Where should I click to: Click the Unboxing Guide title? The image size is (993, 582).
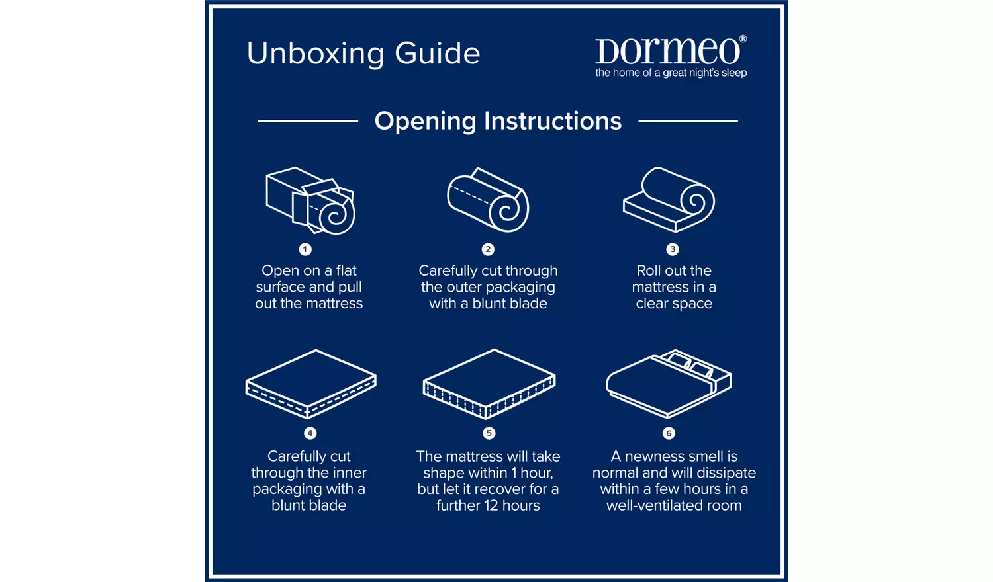[x=363, y=54]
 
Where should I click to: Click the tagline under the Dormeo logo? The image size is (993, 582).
[x=671, y=73]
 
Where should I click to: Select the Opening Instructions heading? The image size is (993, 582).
[x=498, y=121]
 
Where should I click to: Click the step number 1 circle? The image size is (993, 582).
[x=305, y=249]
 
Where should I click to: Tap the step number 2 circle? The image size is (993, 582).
[x=488, y=249]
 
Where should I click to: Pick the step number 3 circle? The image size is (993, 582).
[x=673, y=249]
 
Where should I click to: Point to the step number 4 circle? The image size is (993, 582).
[x=310, y=433]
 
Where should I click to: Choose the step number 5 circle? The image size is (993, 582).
[x=489, y=433]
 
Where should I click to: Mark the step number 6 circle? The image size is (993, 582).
[x=669, y=433]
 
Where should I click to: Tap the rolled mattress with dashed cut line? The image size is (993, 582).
[x=488, y=200]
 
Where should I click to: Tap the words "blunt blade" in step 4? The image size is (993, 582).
[x=308, y=505]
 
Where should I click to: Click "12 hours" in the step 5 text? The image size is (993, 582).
[x=512, y=505]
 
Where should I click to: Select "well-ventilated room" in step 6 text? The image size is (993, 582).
[x=674, y=505]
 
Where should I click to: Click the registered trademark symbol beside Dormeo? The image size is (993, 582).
[x=743, y=39]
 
